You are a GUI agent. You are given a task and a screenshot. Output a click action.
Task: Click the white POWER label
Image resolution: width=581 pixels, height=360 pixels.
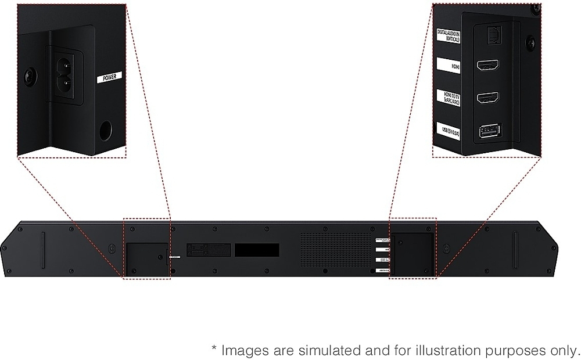point(109,76)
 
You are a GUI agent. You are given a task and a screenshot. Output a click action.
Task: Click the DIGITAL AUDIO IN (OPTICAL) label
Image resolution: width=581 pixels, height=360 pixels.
point(448,36)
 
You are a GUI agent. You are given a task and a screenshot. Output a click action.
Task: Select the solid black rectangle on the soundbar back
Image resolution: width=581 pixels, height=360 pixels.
point(257,250)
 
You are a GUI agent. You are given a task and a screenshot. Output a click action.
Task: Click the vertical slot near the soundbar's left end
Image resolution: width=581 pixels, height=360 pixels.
point(43,250)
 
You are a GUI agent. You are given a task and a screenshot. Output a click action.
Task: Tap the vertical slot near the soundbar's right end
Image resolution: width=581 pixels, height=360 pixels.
point(515,250)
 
